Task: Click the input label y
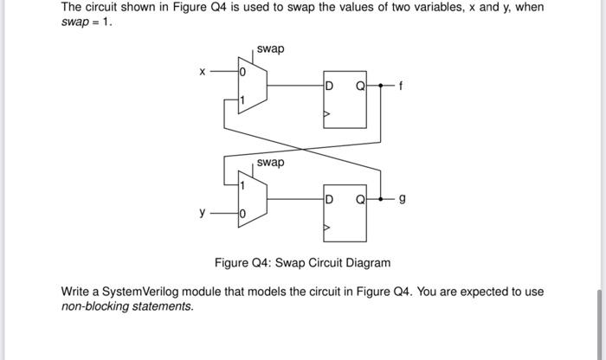(202, 212)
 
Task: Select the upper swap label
(270, 48)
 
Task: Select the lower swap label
(270, 163)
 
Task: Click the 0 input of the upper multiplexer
(243, 74)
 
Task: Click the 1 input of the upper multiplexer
(243, 101)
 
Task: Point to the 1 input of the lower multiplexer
(243, 184)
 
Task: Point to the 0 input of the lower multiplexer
(243, 213)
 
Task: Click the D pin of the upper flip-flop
(330, 86)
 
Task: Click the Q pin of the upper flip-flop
(359, 86)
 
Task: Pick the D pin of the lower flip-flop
(330, 200)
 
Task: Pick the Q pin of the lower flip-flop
(359, 200)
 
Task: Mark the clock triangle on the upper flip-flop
(327, 113)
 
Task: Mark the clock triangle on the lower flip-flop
(327, 228)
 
